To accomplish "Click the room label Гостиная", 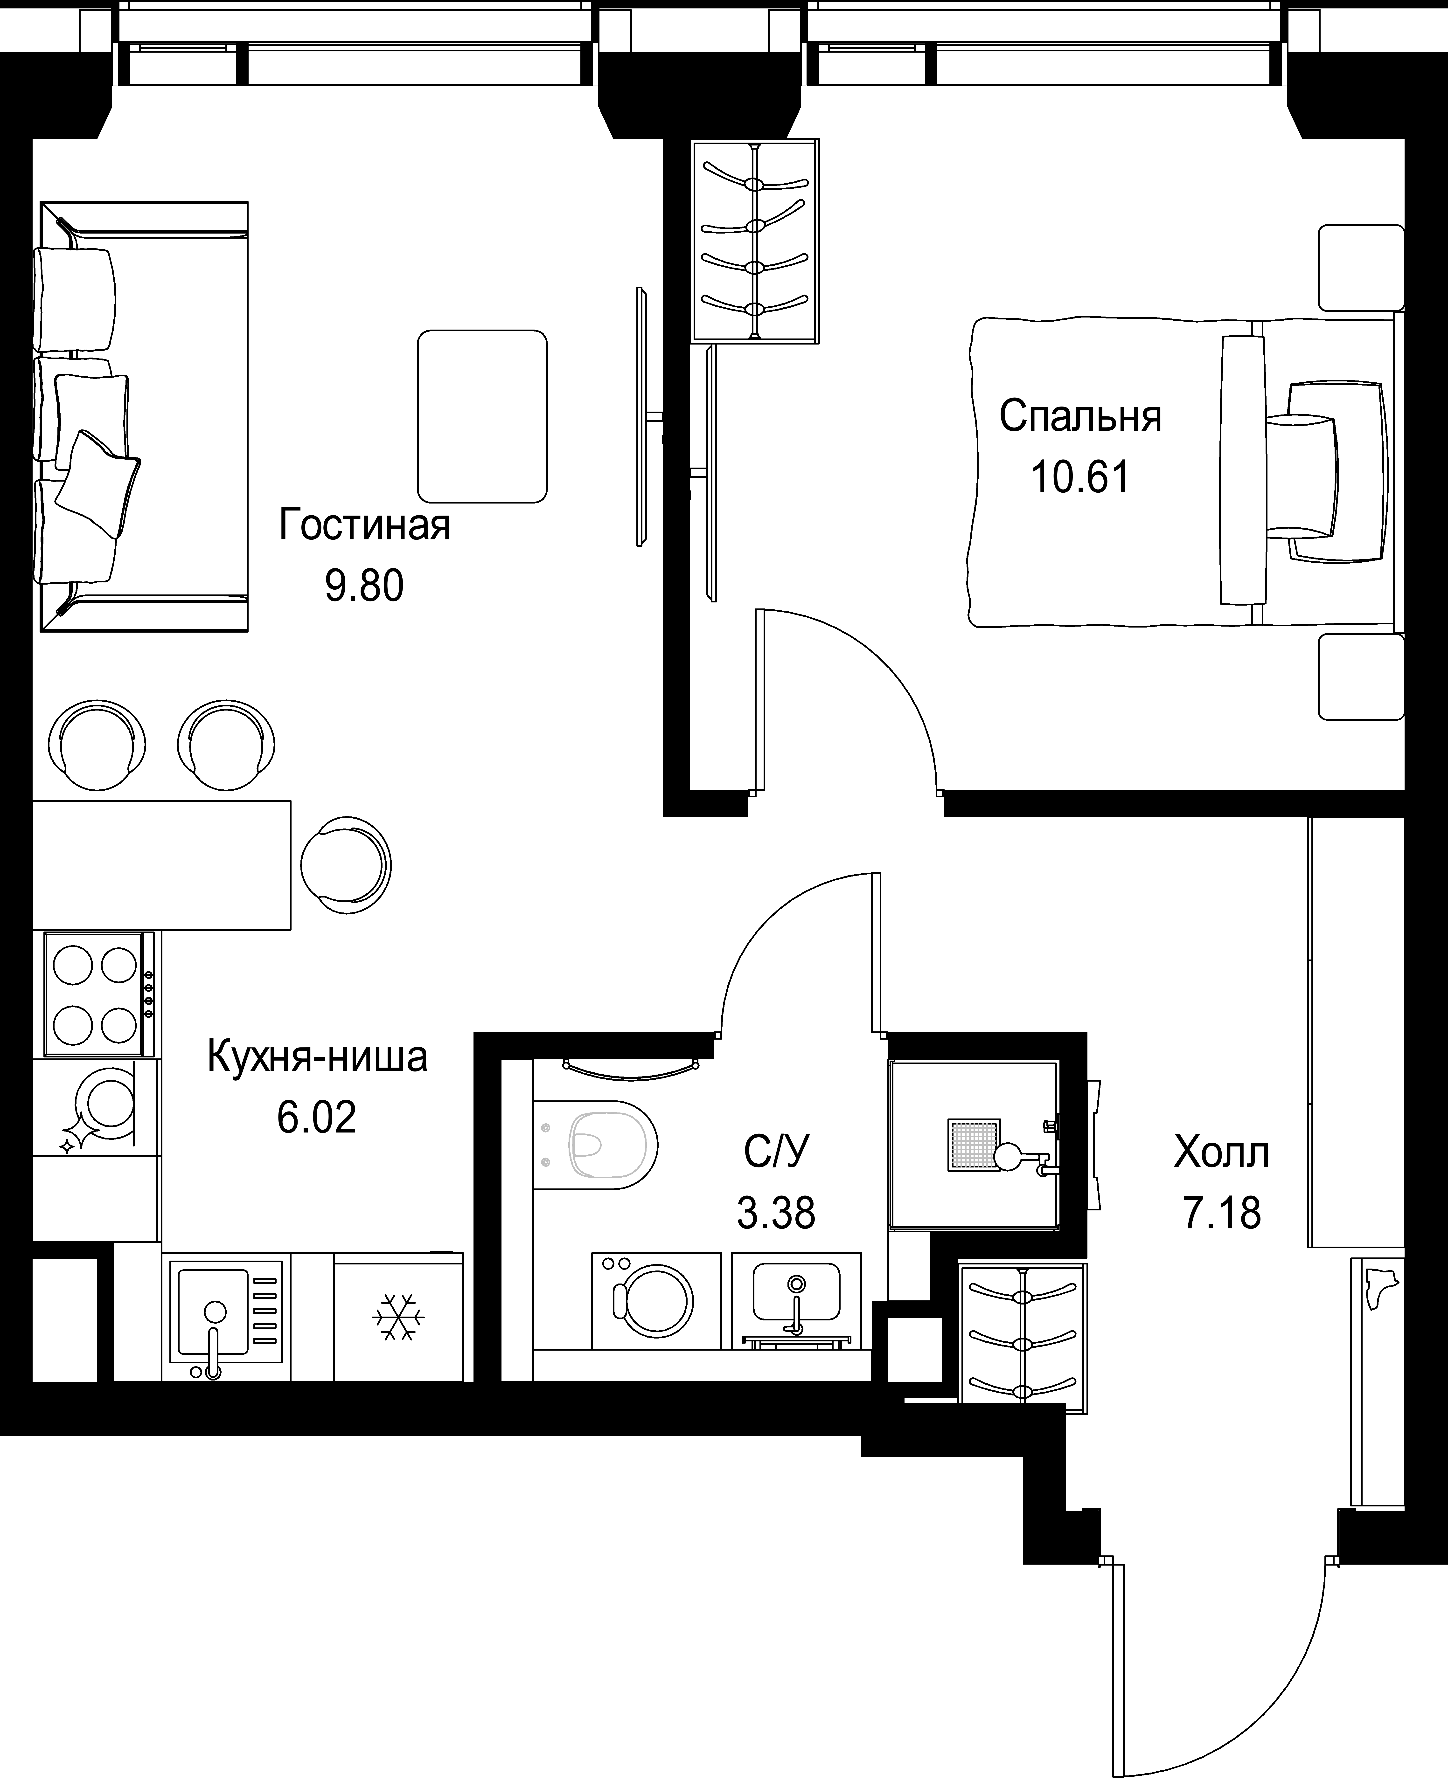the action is click(364, 525).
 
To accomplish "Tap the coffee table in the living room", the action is click(482, 416).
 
